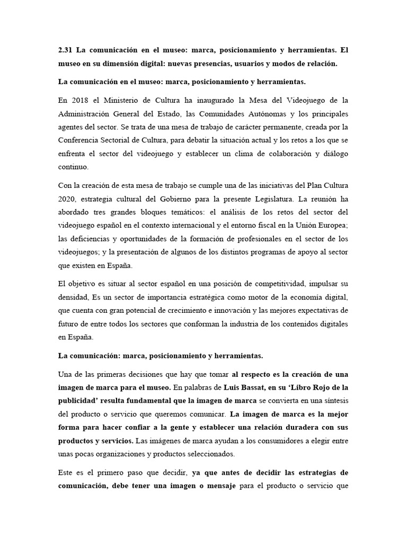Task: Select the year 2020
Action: [68, 200]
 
